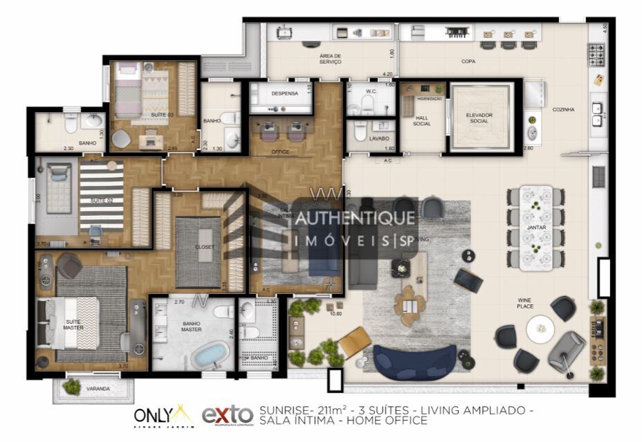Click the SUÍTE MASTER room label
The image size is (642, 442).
(x=74, y=324)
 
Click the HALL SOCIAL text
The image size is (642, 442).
(x=422, y=121)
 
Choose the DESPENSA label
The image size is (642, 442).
(x=284, y=93)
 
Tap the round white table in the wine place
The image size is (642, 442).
(x=541, y=329)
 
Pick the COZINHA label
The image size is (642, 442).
(x=563, y=109)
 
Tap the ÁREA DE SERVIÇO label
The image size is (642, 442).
(x=330, y=58)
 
